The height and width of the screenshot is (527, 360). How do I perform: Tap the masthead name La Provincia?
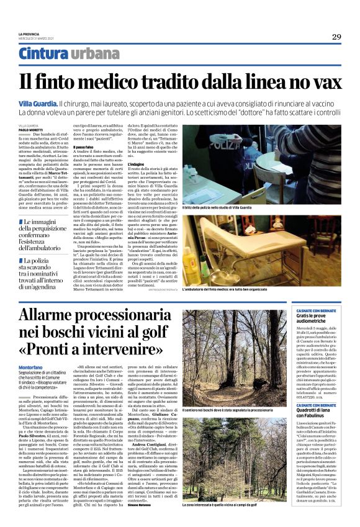click(29, 34)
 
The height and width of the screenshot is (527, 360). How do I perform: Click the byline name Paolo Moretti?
click(32, 130)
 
